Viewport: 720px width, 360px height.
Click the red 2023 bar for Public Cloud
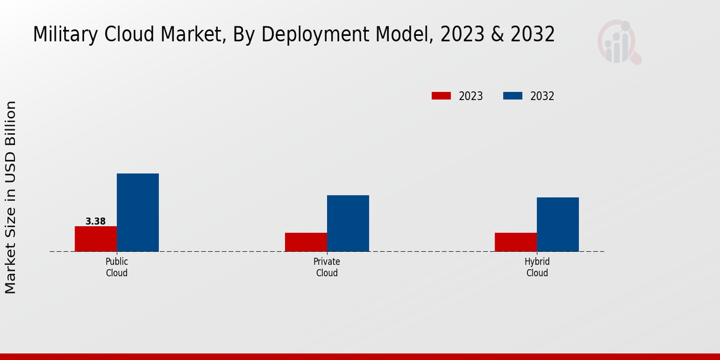(x=95, y=239)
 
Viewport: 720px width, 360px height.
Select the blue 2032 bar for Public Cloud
(x=137, y=212)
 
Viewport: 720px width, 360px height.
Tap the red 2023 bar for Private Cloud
(x=306, y=242)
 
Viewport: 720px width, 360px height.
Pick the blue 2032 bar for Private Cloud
(x=348, y=223)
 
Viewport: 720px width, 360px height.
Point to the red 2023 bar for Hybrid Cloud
(x=515, y=242)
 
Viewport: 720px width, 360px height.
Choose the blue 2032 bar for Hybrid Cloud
(x=557, y=224)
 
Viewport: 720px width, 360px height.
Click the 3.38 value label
(x=95, y=221)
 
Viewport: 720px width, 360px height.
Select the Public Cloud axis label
(x=116, y=267)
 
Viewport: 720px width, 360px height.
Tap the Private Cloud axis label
(x=326, y=267)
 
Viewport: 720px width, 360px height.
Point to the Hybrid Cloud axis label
(x=537, y=267)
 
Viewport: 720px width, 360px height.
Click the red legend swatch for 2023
(x=441, y=96)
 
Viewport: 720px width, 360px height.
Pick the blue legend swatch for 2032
(x=512, y=96)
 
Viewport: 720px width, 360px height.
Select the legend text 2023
(x=471, y=96)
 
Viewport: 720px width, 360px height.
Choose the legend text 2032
(x=542, y=96)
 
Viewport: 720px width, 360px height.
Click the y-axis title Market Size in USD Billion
(x=11, y=197)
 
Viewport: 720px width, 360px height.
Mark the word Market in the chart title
(x=194, y=35)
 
